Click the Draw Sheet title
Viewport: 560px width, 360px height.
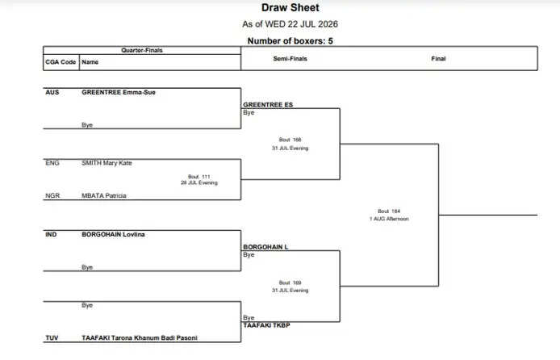pos(290,7)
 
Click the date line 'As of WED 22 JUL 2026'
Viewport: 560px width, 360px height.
pos(290,24)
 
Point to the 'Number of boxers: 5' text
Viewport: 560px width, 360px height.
pos(290,41)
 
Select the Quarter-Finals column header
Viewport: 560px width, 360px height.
pos(142,50)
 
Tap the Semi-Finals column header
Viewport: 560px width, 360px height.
pos(290,59)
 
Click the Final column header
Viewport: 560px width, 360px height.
pos(438,59)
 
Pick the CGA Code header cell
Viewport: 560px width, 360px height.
pos(61,62)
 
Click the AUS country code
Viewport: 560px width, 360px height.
pos(52,93)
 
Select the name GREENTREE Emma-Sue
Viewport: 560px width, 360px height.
pos(119,93)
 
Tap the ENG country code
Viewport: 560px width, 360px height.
pos(52,163)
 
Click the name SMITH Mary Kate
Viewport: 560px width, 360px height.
pos(107,163)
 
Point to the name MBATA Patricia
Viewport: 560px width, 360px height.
pos(104,195)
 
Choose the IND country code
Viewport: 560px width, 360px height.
pos(51,235)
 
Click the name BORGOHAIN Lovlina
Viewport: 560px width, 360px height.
pos(113,235)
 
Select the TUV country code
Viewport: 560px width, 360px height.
pos(52,338)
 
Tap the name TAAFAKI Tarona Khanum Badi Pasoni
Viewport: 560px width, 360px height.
pos(140,338)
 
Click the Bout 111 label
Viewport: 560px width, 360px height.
pos(199,177)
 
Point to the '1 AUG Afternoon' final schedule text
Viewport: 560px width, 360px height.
pos(389,219)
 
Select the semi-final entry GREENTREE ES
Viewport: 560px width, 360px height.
pos(268,105)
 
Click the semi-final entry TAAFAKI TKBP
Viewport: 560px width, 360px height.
pos(266,325)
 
